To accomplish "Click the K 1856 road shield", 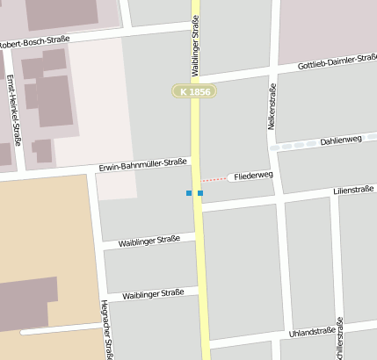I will (193, 91).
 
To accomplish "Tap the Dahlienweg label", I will (342, 140).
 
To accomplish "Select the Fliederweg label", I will (254, 176).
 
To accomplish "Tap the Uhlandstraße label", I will (313, 333).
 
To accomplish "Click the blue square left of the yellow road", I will (188, 193).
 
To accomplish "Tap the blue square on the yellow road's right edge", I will (200, 193).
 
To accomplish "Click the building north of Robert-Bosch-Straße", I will (62, 15).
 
